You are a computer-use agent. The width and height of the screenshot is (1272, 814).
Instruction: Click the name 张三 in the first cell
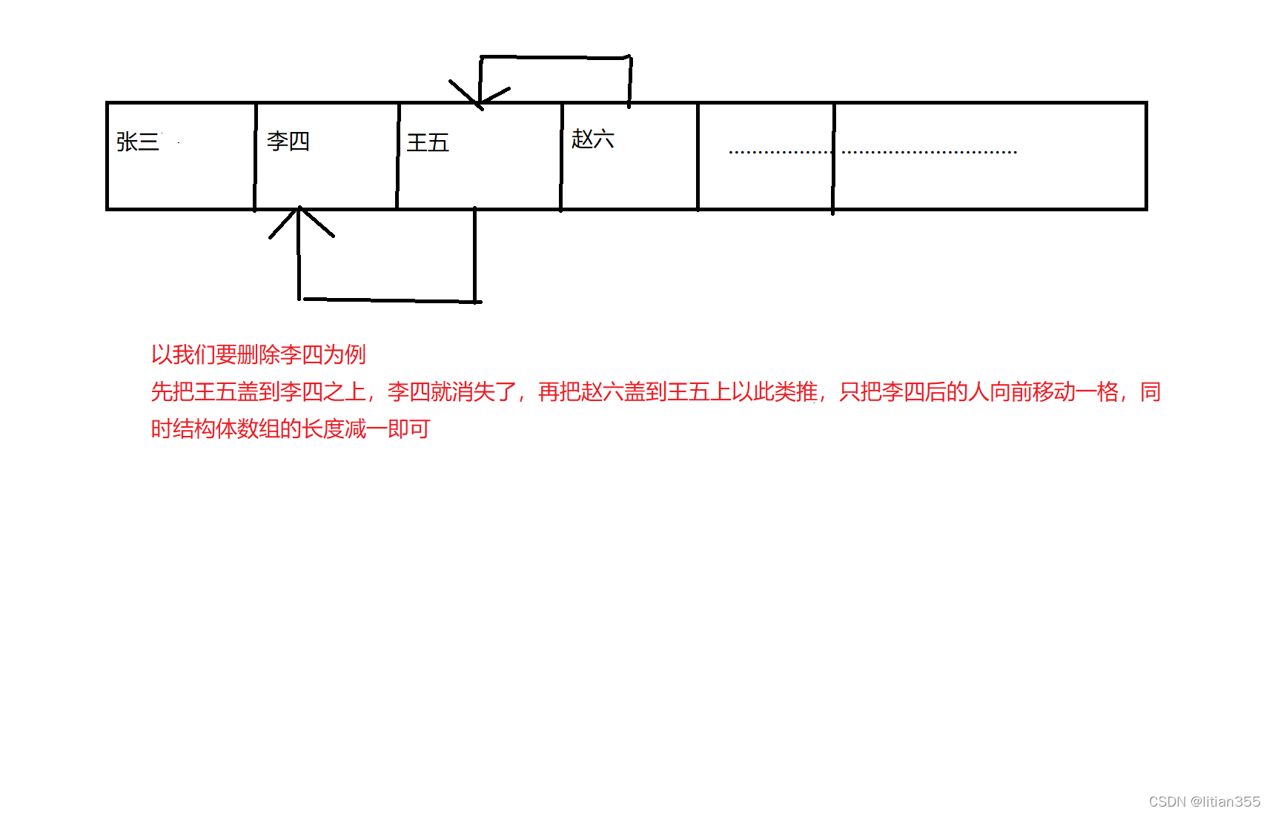(x=138, y=142)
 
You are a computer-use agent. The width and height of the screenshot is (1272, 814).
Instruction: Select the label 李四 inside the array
(x=288, y=141)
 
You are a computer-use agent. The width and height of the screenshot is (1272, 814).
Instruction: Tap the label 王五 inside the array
(x=428, y=142)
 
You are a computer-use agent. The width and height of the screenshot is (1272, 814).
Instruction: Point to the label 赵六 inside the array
(x=592, y=139)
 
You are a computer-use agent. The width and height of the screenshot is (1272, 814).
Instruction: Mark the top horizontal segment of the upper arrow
(x=554, y=57)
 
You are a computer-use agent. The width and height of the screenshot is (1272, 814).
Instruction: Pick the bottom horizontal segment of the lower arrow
(x=389, y=300)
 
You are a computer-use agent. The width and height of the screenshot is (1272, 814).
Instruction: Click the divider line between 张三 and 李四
(x=255, y=156)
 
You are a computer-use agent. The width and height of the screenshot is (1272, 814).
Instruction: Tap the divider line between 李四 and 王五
(x=398, y=156)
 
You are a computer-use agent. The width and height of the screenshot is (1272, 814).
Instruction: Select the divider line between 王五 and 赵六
(x=561, y=156)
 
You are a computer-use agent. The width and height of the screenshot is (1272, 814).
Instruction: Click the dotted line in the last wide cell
(x=930, y=152)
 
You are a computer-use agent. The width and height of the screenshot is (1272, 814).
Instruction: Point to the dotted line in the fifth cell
(x=780, y=152)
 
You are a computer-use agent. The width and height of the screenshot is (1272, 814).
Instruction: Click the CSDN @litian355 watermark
(x=1204, y=801)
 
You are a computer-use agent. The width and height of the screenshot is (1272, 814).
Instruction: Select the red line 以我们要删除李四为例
(x=258, y=354)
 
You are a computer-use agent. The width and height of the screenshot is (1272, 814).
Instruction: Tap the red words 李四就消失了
(x=451, y=391)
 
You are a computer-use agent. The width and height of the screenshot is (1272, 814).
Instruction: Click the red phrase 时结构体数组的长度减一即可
(x=290, y=428)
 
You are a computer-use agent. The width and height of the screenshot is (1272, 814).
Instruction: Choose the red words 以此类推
(x=774, y=391)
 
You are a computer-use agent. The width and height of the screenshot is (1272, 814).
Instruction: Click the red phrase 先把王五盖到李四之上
(x=258, y=391)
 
